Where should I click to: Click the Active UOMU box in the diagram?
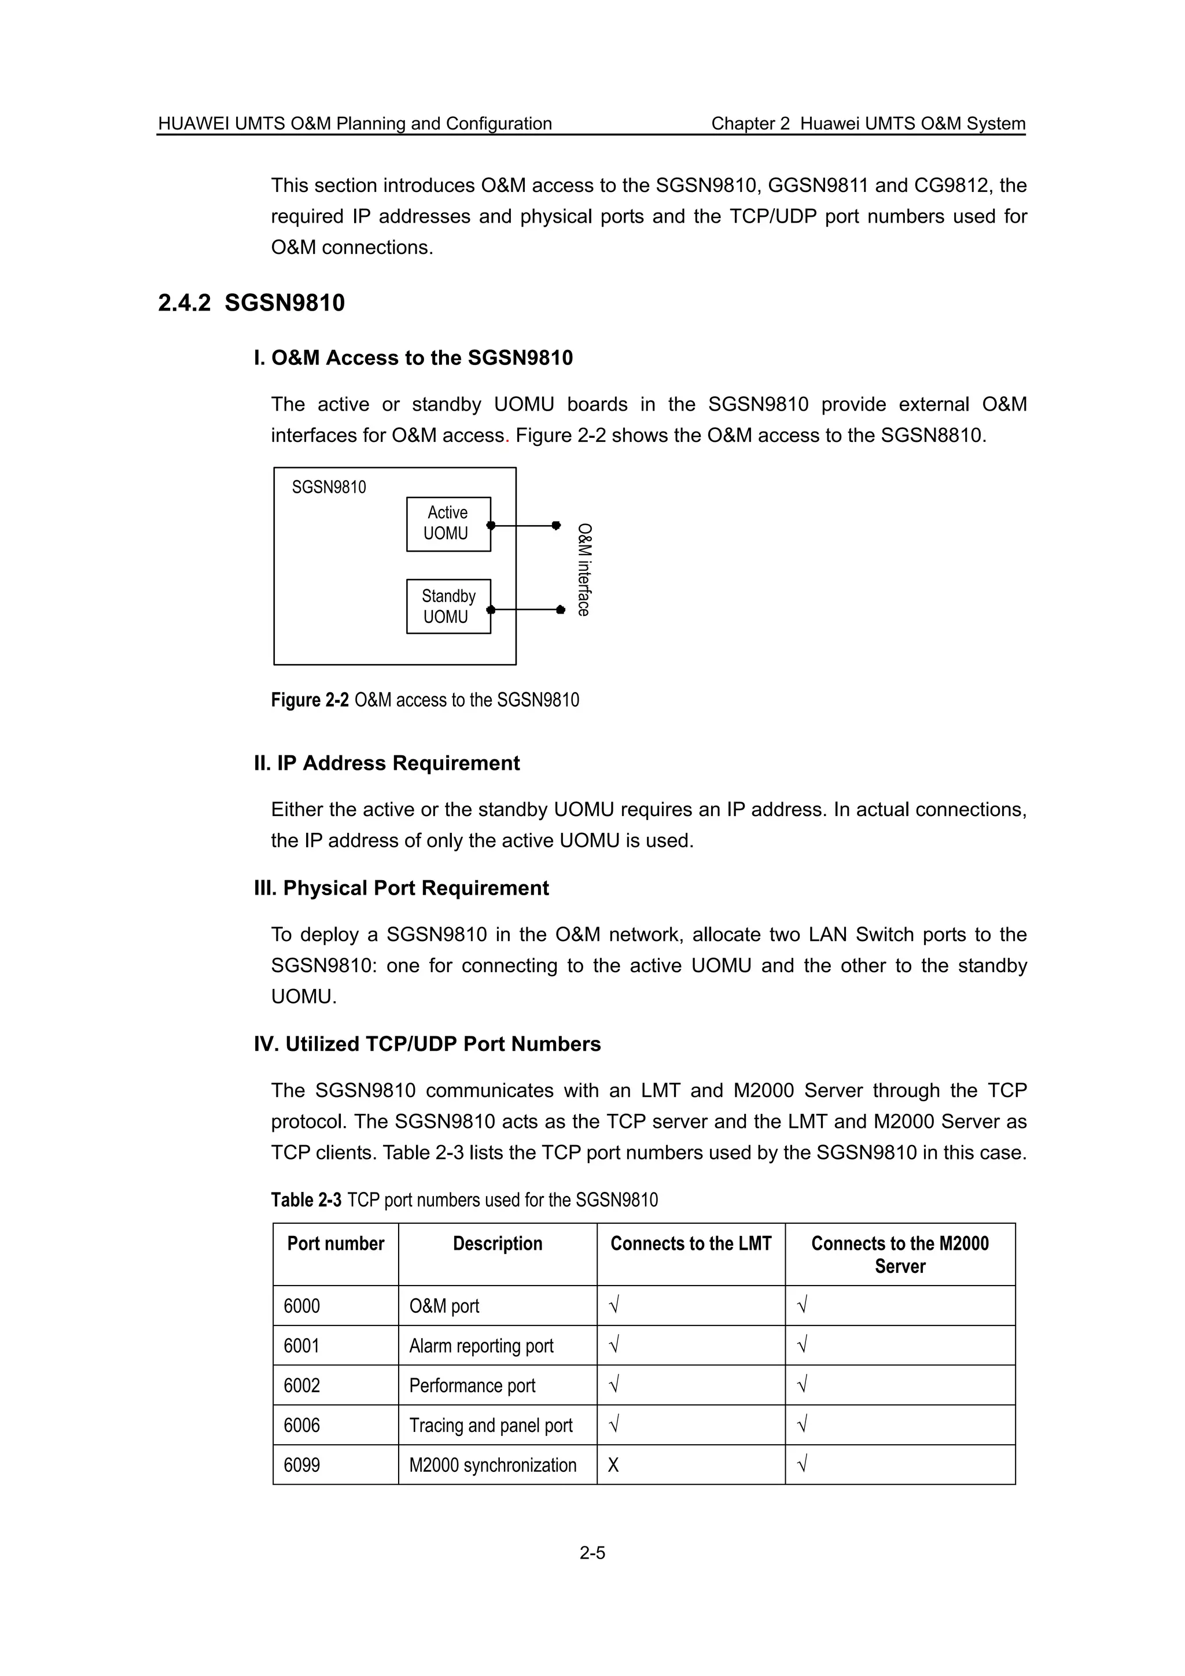click(x=448, y=523)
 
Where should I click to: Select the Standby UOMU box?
click(x=448, y=606)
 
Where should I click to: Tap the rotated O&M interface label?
click(x=583, y=570)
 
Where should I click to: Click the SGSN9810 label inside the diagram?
click(x=329, y=487)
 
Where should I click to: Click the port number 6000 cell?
click(x=301, y=1306)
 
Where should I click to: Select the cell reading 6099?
click(x=301, y=1465)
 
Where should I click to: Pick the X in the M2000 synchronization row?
click(x=613, y=1465)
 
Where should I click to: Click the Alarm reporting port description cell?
click(x=481, y=1345)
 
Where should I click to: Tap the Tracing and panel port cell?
click(x=491, y=1425)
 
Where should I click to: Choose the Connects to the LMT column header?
click(x=691, y=1244)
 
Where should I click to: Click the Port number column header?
click(x=335, y=1244)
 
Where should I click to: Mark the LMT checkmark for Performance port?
click(x=614, y=1385)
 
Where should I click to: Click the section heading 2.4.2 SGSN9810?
click(x=251, y=302)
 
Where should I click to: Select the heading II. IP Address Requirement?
click(x=387, y=763)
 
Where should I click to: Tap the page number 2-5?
click(x=592, y=1553)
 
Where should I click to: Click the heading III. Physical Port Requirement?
click(x=401, y=888)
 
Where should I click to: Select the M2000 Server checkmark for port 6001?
click(x=803, y=1345)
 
